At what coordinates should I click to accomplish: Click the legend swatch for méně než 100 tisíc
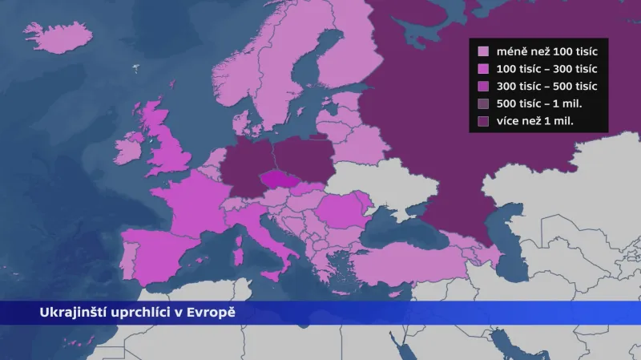click(x=483, y=51)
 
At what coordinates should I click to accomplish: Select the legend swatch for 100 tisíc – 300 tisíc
click(x=483, y=69)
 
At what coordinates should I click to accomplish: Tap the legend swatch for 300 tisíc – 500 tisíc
click(x=483, y=87)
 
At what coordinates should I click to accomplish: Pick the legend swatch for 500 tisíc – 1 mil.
click(x=483, y=104)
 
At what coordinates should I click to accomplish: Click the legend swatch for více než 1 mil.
click(x=483, y=122)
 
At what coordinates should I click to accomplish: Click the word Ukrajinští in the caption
click(x=72, y=312)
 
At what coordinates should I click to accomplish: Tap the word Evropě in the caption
click(x=216, y=312)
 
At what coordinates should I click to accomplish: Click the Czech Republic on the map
click(x=280, y=180)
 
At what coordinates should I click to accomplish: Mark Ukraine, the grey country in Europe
click(x=377, y=184)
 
